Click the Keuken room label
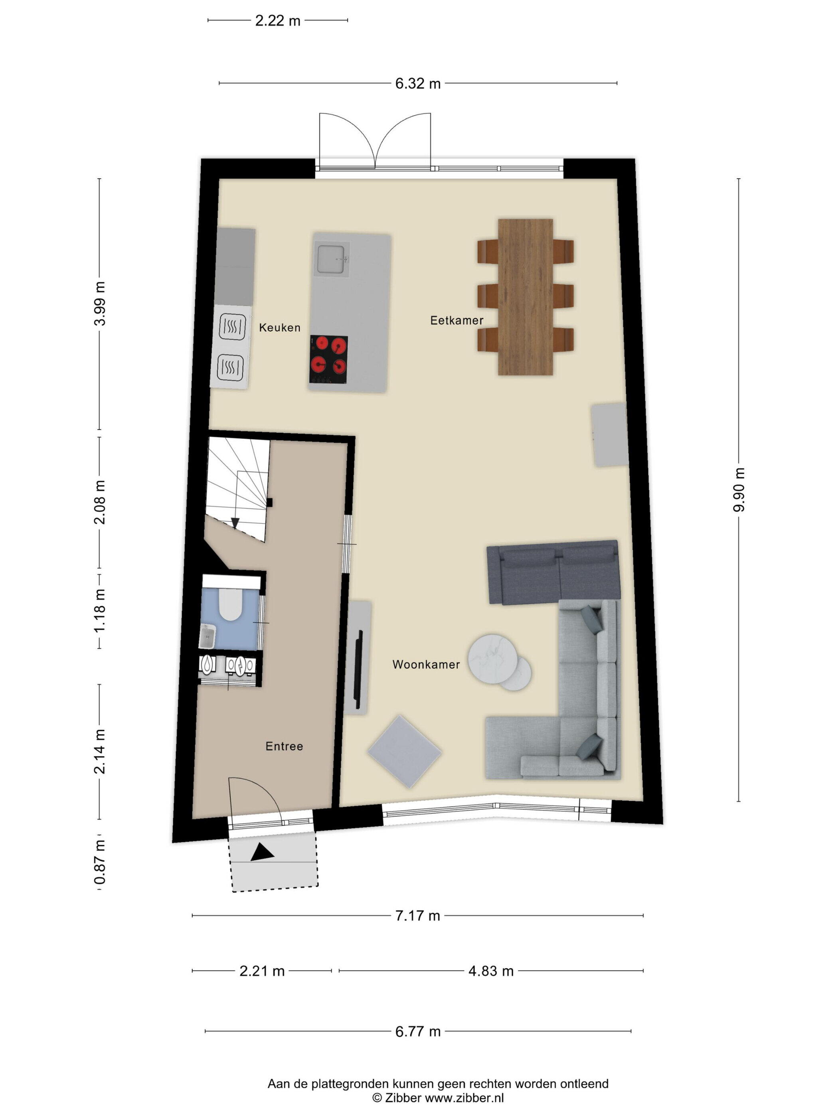pos(279,328)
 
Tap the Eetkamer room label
pos(457,320)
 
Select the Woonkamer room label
pos(426,665)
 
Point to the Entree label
pos(284,746)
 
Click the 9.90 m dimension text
pos(739,490)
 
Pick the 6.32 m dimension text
pos(418,83)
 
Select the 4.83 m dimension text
pos(490,971)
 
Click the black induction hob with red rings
pos(328,359)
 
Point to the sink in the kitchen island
pos(331,259)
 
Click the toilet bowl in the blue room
pos(231,604)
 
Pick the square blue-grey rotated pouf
pos(405,752)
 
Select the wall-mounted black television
pos(359,669)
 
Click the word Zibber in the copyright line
pos(403,1098)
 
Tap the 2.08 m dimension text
pos(100,502)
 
